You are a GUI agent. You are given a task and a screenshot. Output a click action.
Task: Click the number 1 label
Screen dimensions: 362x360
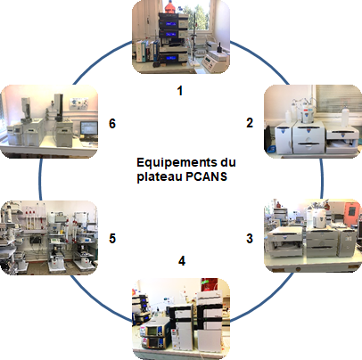[179, 91]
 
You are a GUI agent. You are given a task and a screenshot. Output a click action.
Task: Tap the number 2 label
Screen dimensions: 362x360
[250, 123]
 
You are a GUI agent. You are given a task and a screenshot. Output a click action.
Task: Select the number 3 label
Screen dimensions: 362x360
[250, 238]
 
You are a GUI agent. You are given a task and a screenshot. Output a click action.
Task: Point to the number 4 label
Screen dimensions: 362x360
[182, 261]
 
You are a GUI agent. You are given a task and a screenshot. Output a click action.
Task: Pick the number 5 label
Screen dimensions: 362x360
[112, 238]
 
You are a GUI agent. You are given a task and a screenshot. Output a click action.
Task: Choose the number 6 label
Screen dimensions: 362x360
[112, 123]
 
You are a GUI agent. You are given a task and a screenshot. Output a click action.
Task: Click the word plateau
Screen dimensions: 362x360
[160, 177]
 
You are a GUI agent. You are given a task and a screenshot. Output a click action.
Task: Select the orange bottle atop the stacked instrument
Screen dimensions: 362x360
[169, 7]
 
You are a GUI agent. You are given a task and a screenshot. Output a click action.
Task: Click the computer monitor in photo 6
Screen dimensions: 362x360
[88, 128]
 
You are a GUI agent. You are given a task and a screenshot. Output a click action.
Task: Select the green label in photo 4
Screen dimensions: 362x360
[205, 284]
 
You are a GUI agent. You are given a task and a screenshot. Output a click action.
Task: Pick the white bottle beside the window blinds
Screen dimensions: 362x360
[344, 117]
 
